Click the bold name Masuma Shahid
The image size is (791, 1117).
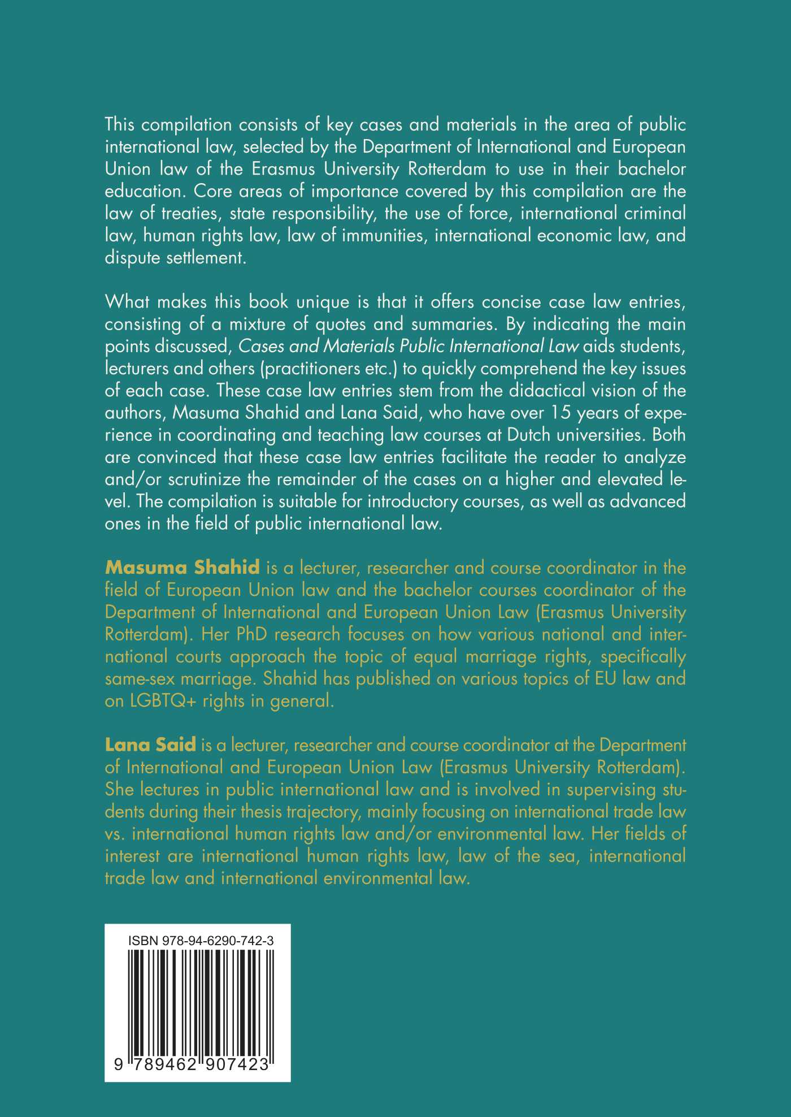tap(182, 567)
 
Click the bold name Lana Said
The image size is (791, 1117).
tap(150, 744)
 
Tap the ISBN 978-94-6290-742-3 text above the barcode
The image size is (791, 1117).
tap(201, 941)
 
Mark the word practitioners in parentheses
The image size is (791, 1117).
tap(310, 369)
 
